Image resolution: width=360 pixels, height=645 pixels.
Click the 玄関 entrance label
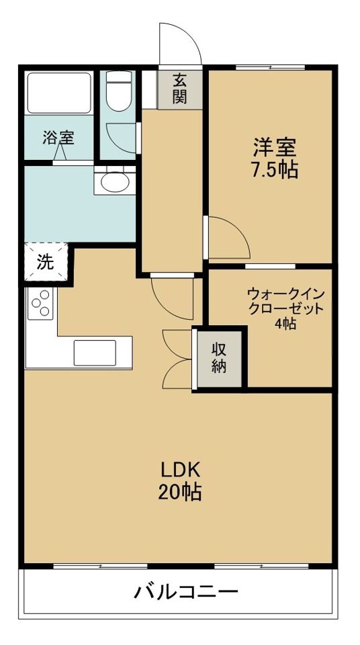[x=179, y=88]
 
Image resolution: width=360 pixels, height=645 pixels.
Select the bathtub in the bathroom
[x=58, y=92]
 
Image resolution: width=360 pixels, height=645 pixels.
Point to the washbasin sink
[x=114, y=181]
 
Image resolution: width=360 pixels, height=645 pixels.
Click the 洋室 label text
[x=274, y=147]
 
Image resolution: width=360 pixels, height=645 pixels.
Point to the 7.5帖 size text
[x=274, y=169]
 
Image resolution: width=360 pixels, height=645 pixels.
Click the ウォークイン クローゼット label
[x=285, y=301]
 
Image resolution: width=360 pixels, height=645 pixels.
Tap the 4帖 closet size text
[x=285, y=323]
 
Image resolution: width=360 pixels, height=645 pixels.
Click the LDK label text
[x=180, y=468]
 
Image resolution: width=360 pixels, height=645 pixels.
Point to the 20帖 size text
[x=180, y=492]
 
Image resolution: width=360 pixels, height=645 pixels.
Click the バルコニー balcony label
[x=185, y=592]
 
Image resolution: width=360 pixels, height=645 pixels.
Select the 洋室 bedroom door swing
[x=228, y=238]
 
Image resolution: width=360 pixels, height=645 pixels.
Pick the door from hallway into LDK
[x=172, y=296]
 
